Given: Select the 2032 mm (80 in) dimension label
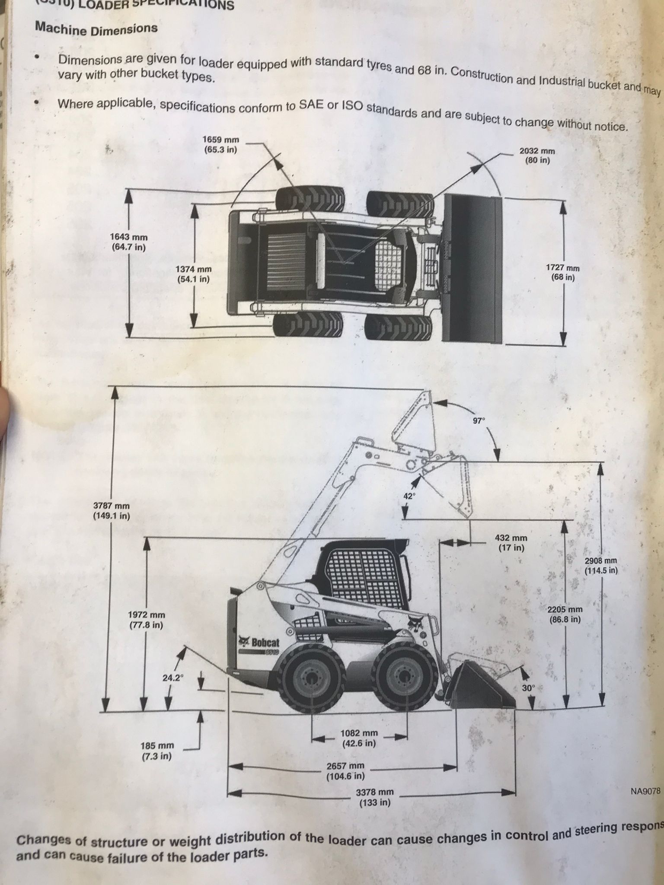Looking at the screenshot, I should pyautogui.click(x=537, y=156).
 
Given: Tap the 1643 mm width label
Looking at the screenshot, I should pyautogui.click(x=128, y=242).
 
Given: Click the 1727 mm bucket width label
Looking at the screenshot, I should pyautogui.click(x=562, y=273).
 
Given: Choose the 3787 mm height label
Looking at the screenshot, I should pyautogui.click(x=111, y=510).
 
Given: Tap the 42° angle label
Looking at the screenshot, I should pyautogui.click(x=409, y=496).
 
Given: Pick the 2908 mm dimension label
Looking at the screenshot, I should pyautogui.click(x=600, y=565).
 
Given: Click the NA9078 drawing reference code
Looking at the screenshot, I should pyautogui.click(x=645, y=792).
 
